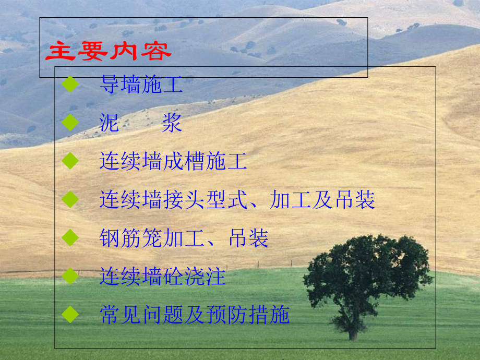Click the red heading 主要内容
pyautogui.click(x=108, y=52)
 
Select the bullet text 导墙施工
pyautogui.click(x=141, y=86)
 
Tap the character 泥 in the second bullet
pyautogui.click(x=110, y=124)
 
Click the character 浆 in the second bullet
pyautogui.click(x=172, y=124)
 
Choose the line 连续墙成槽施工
pyautogui.click(x=173, y=162)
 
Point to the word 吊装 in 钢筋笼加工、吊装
pyautogui.click(x=249, y=238)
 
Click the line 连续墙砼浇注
pyautogui.click(x=162, y=277)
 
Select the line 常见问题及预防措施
pyautogui.click(x=194, y=315)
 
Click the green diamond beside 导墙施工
pyautogui.click(x=69, y=85)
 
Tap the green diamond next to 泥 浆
pyautogui.click(x=69, y=123)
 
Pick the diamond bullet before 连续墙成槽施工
pyautogui.click(x=69, y=161)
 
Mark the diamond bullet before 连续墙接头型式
pyautogui.click(x=69, y=199)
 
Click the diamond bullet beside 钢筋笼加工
pyautogui.click(x=69, y=238)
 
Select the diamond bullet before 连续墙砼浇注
pyautogui.click(x=69, y=276)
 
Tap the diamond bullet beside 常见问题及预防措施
pyautogui.click(x=69, y=314)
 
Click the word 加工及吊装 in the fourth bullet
pyautogui.click(x=322, y=200)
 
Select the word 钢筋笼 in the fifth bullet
pyautogui.click(x=130, y=238)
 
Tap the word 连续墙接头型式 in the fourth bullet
pyautogui.click(x=173, y=200)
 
